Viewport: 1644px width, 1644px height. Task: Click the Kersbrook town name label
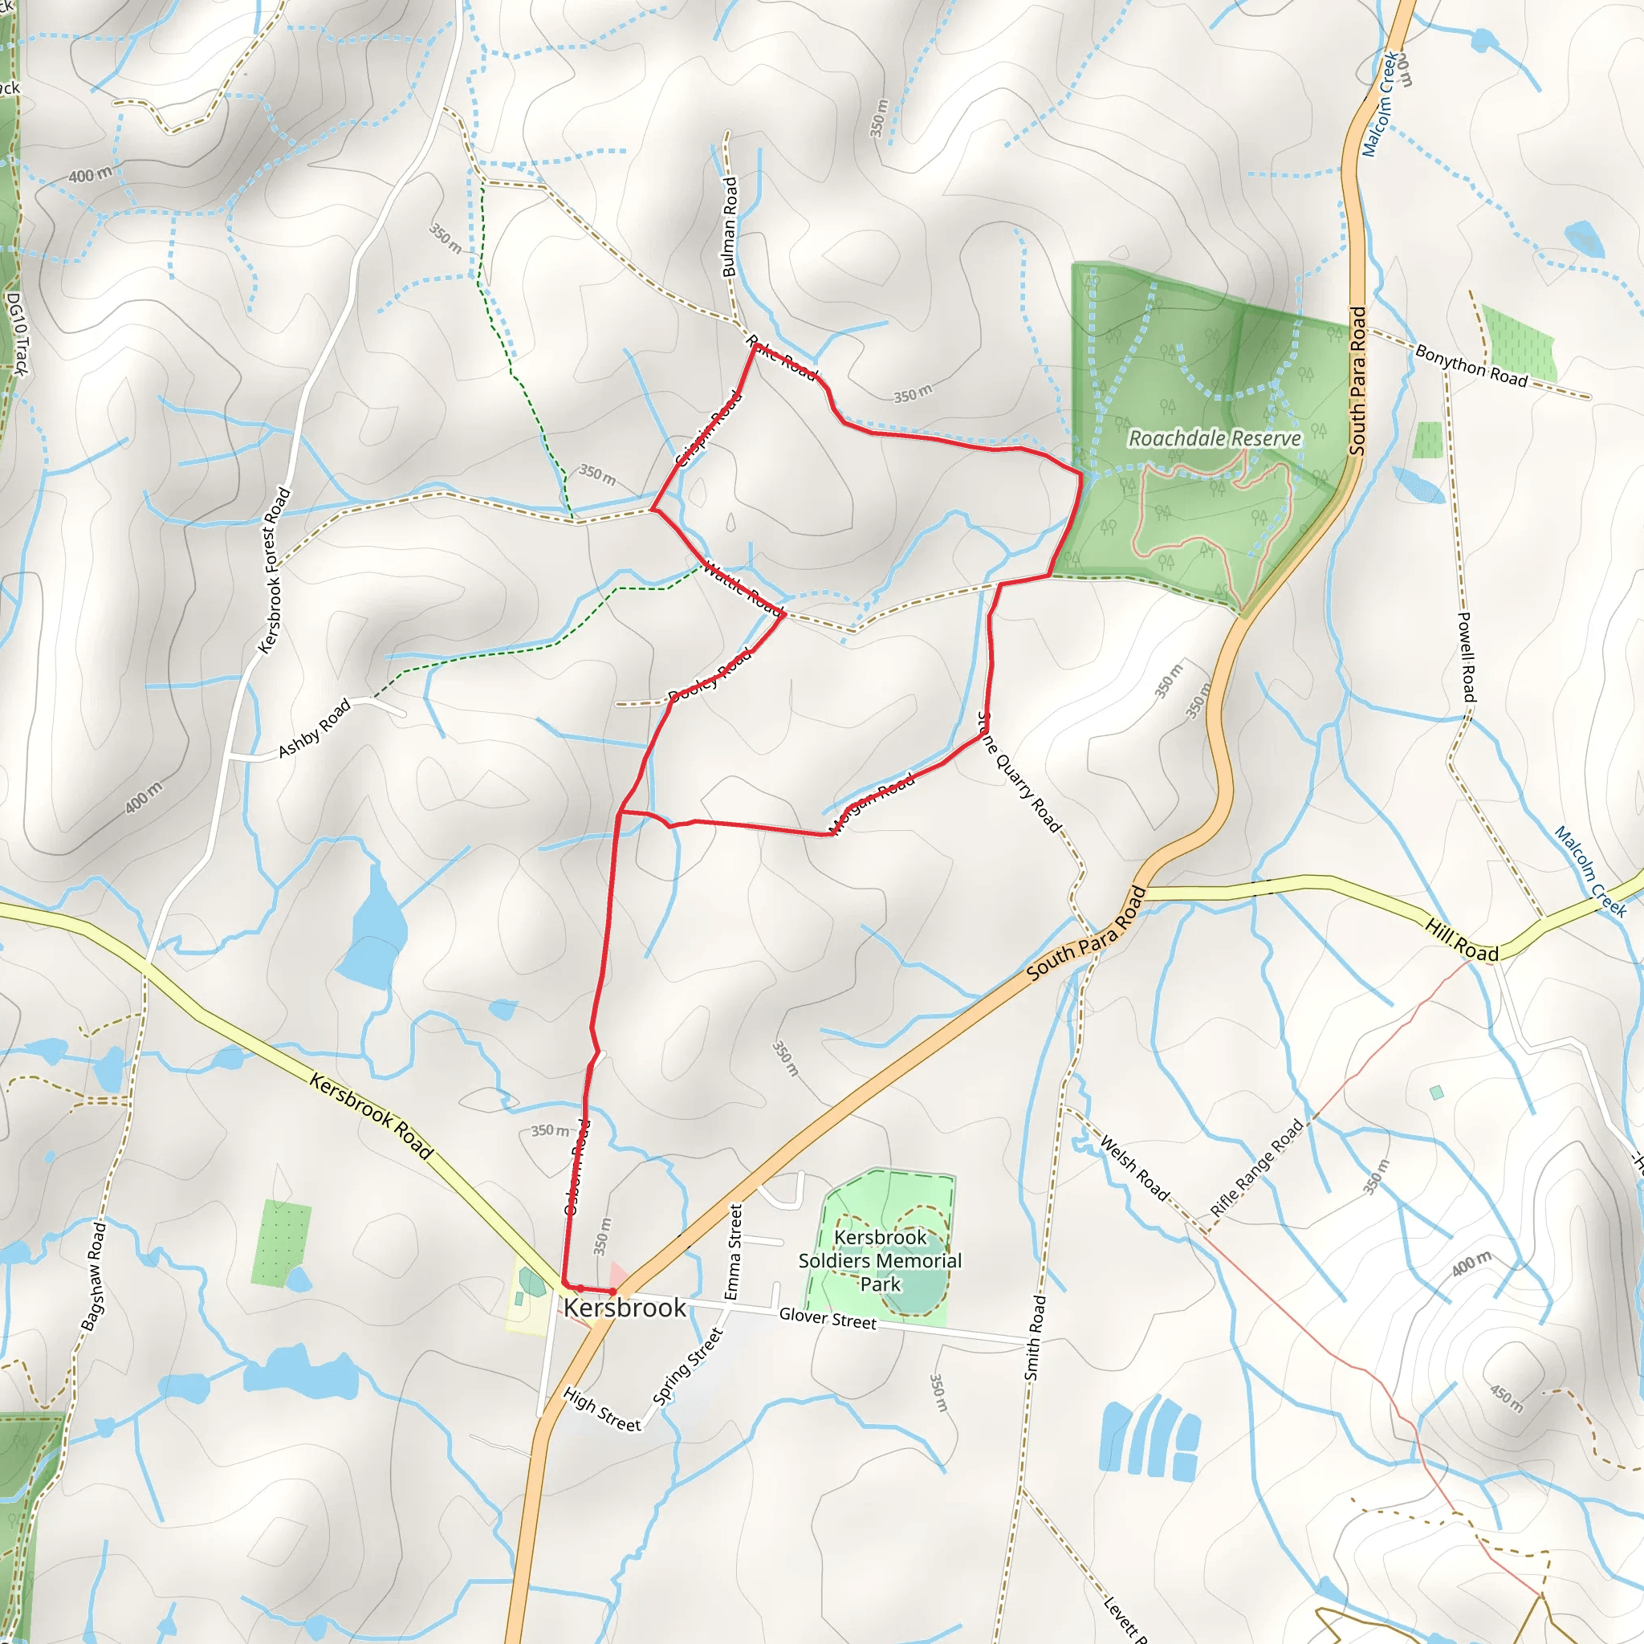(x=625, y=1308)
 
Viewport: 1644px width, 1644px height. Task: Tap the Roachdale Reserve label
(x=1215, y=439)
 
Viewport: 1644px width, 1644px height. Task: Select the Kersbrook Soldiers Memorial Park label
(x=880, y=1260)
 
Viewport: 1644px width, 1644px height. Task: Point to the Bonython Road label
(x=1471, y=365)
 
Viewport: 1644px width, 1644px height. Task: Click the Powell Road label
(x=1466, y=656)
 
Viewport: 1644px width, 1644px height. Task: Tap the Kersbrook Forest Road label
(x=274, y=571)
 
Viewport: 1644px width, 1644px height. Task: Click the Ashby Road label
(x=315, y=727)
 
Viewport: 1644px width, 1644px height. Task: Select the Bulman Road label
(x=730, y=226)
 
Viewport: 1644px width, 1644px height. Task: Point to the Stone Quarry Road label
(x=1019, y=771)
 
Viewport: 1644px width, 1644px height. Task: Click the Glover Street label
(x=827, y=1319)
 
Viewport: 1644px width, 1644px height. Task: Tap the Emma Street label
(x=734, y=1251)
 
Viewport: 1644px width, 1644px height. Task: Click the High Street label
(x=601, y=1410)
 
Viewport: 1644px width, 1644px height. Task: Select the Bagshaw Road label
(x=94, y=1276)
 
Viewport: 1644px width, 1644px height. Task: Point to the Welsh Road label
(x=1134, y=1167)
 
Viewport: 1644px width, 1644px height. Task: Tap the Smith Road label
(x=1035, y=1337)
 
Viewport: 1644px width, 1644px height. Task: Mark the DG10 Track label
(x=16, y=334)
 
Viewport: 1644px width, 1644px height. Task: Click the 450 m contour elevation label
(x=1506, y=1398)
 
